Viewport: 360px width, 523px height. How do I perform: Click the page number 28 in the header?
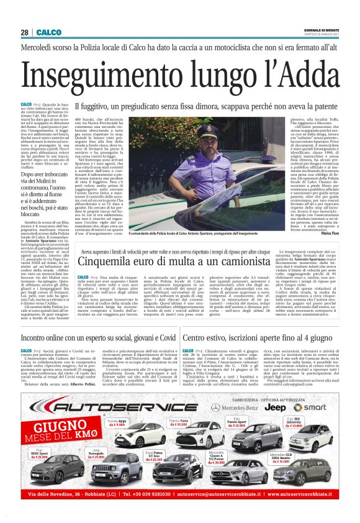tap(24, 32)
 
